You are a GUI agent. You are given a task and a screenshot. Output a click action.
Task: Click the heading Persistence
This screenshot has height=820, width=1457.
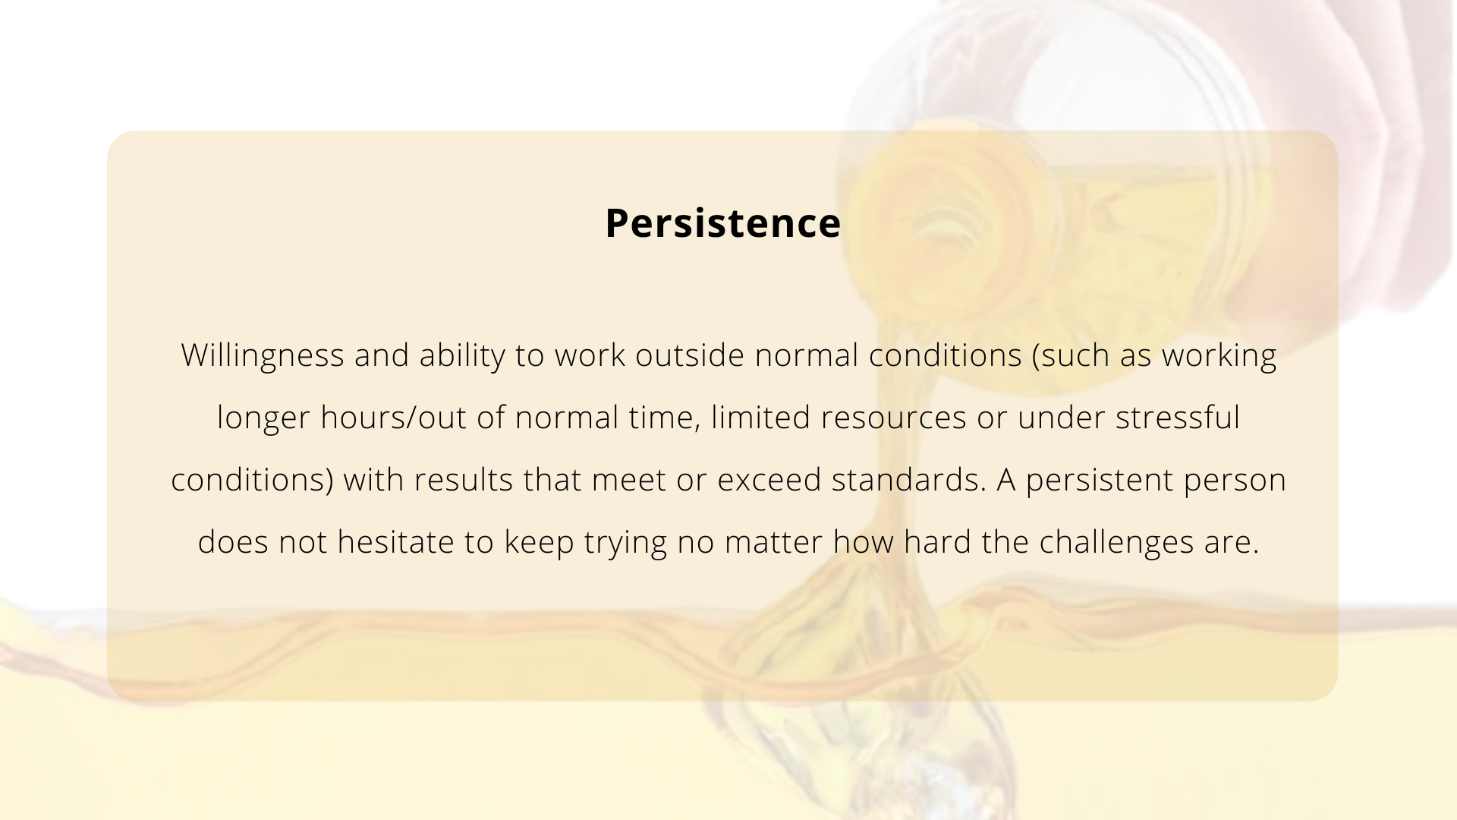pos(722,223)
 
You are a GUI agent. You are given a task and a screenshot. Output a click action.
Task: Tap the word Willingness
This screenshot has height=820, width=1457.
pos(263,356)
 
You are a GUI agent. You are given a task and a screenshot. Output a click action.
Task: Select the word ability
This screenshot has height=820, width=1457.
pos(462,356)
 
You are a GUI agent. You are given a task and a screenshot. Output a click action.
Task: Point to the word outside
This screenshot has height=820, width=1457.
pos(690,355)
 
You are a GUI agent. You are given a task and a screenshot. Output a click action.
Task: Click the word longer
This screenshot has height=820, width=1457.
pos(264,418)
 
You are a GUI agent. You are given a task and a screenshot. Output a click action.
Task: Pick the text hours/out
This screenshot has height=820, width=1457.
pos(393,418)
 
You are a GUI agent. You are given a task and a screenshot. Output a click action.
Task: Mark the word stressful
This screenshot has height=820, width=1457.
pos(1178,418)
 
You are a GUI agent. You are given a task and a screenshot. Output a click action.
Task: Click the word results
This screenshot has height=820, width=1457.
pos(464,480)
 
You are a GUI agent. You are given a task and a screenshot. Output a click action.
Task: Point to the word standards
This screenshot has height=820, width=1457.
pos(909,480)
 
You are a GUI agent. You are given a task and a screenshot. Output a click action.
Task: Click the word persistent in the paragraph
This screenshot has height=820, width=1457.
pos(1100,481)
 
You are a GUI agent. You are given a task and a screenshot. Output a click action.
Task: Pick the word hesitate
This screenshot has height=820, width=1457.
pos(395,542)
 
